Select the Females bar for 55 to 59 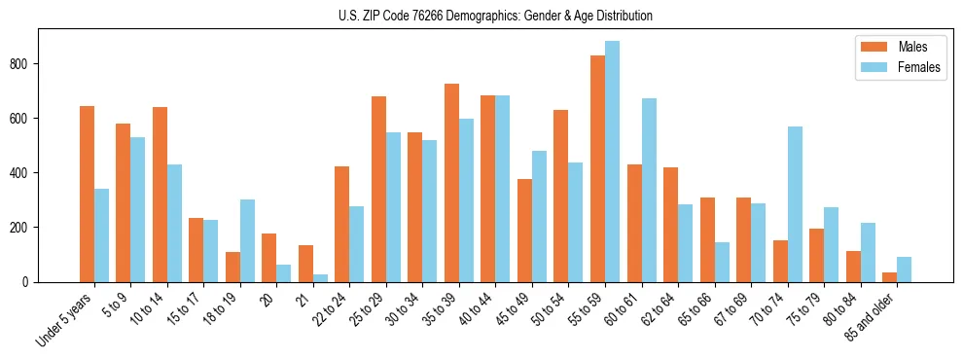tap(612, 162)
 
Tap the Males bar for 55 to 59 tap(597, 168)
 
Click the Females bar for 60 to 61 tap(649, 190)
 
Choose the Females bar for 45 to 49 tap(539, 216)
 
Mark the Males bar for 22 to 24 tap(342, 224)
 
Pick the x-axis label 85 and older tap(869, 316)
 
